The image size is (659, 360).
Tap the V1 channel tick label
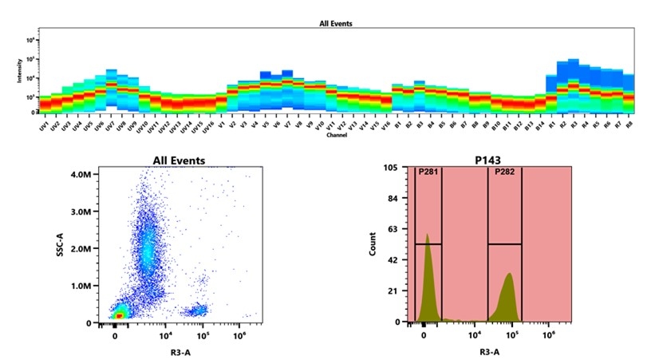(x=221, y=125)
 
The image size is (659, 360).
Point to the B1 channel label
(x=396, y=125)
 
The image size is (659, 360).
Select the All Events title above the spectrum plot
(x=336, y=24)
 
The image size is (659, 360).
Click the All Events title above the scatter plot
(x=179, y=160)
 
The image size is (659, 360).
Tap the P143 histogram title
(x=492, y=160)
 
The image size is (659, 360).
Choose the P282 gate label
(x=503, y=172)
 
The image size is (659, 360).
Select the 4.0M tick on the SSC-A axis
(x=81, y=173)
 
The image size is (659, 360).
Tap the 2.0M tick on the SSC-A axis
(x=81, y=248)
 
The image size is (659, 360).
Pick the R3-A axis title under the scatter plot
(x=179, y=350)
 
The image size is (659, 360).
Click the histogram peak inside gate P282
(x=509, y=275)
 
